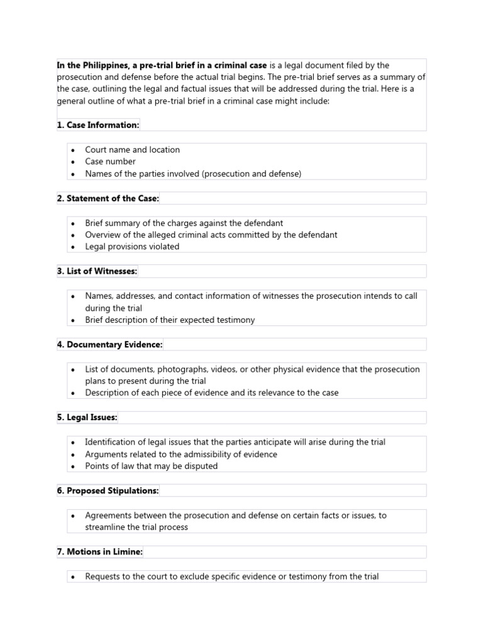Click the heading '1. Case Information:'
[98, 125]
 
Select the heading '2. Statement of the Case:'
[108, 198]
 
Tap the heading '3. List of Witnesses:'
[97, 271]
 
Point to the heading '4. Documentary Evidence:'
[110, 345]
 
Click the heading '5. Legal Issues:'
[87, 418]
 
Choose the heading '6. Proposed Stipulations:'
[108, 491]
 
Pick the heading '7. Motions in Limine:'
[100, 552]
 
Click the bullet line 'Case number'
[110, 161]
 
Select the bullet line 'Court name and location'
[132, 149]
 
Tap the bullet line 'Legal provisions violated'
[132, 247]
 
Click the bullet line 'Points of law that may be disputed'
[152, 466]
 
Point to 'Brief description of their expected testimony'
[170, 320]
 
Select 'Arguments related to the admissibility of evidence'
[181, 454]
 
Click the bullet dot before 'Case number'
[73, 162]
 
